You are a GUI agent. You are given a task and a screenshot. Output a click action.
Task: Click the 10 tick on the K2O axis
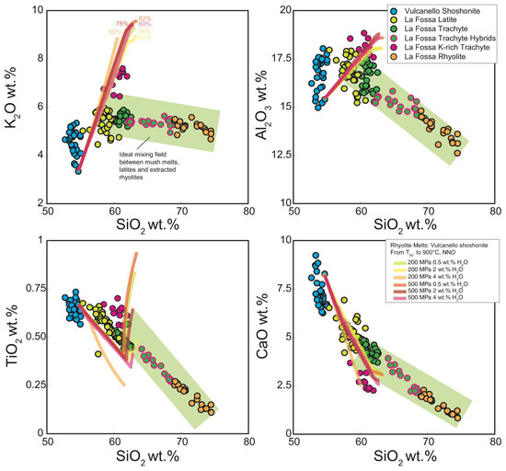point(37,10)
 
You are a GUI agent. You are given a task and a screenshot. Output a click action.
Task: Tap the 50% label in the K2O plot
point(114,32)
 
